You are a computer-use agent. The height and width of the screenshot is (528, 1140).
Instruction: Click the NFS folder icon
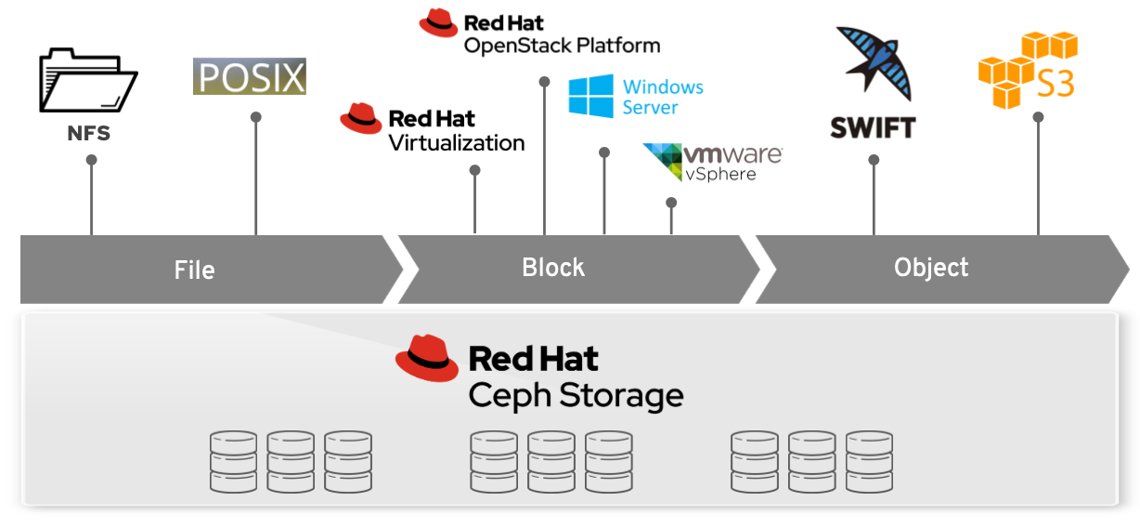(x=88, y=82)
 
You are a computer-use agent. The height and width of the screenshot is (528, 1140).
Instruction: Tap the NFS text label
(x=89, y=133)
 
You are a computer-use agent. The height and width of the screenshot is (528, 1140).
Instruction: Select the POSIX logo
(x=250, y=77)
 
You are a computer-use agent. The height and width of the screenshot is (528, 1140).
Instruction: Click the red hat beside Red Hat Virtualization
(x=361, y=119)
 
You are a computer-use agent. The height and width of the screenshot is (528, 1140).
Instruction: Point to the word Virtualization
(x=456, y=143)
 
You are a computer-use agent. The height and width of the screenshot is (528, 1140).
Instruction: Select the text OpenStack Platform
(x=562, y=45)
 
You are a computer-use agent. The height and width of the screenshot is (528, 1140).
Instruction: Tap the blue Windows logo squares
(x=591, y=97)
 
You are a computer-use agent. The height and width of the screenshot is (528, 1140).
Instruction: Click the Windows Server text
(x=663, y=97)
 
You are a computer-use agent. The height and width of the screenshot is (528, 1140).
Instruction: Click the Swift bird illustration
(x=874, y=63)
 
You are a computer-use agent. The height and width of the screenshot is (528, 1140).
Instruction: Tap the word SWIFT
(x=873, y=127)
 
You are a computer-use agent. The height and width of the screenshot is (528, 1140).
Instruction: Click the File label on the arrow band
(x=194, y=271)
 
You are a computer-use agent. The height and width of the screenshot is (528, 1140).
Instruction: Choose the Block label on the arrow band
(x=553, y=268)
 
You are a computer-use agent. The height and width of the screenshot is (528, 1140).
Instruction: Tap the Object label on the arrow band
(x=931, y=268)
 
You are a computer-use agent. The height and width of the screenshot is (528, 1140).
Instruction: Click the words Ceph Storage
(x=576, y=395)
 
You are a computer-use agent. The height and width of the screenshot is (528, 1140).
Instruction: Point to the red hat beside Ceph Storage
(x=427, y=358)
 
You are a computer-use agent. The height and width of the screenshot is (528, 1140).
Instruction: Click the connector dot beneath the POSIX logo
(x=256, y=117)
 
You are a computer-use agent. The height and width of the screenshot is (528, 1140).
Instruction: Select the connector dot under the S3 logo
(x=1038, y=117)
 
